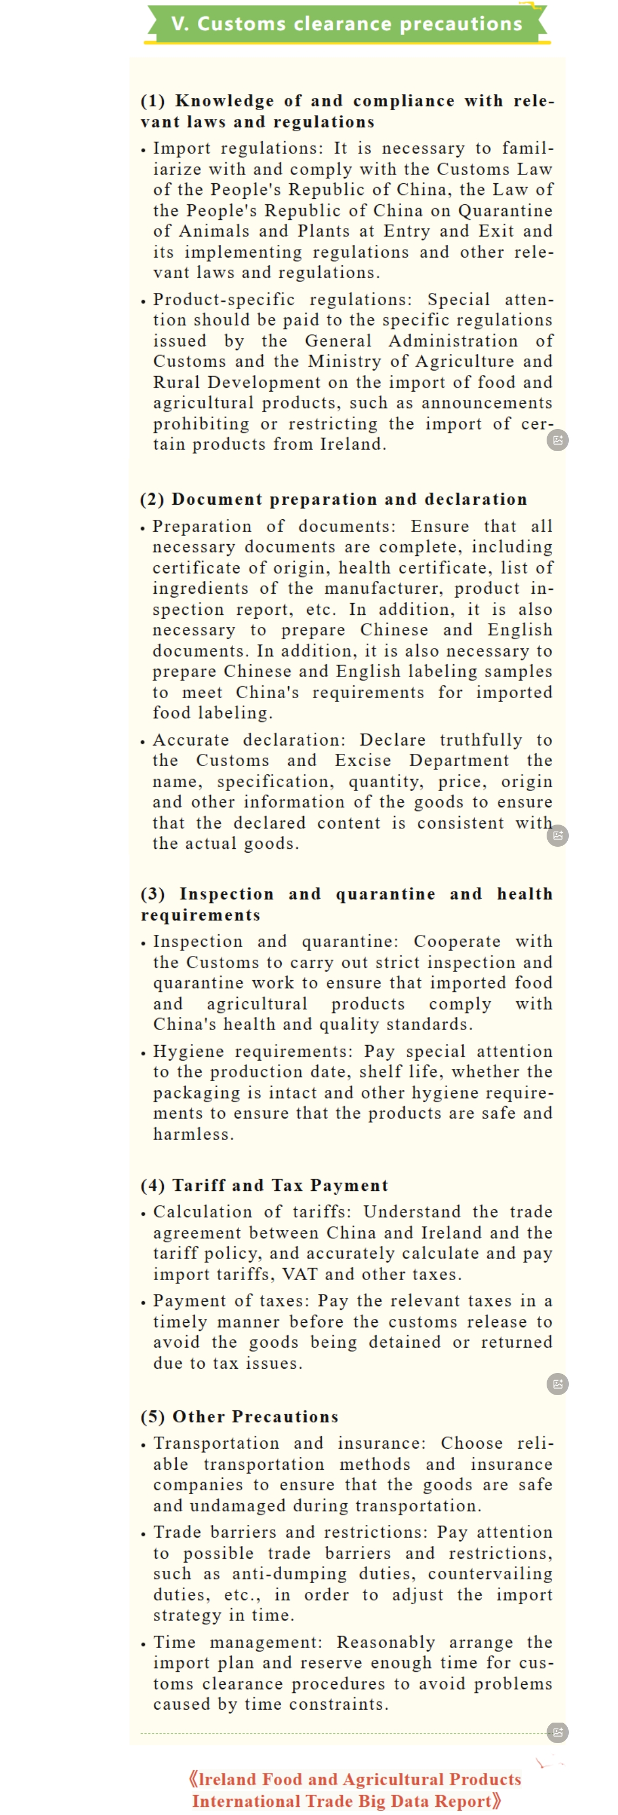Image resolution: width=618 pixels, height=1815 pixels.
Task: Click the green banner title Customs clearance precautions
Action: point(346,24)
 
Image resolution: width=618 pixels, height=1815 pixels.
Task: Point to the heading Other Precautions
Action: point(255,1416)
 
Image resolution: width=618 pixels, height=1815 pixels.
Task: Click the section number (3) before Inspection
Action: point(153,894)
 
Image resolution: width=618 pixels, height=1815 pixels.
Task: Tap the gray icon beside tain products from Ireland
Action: point(557,440)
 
